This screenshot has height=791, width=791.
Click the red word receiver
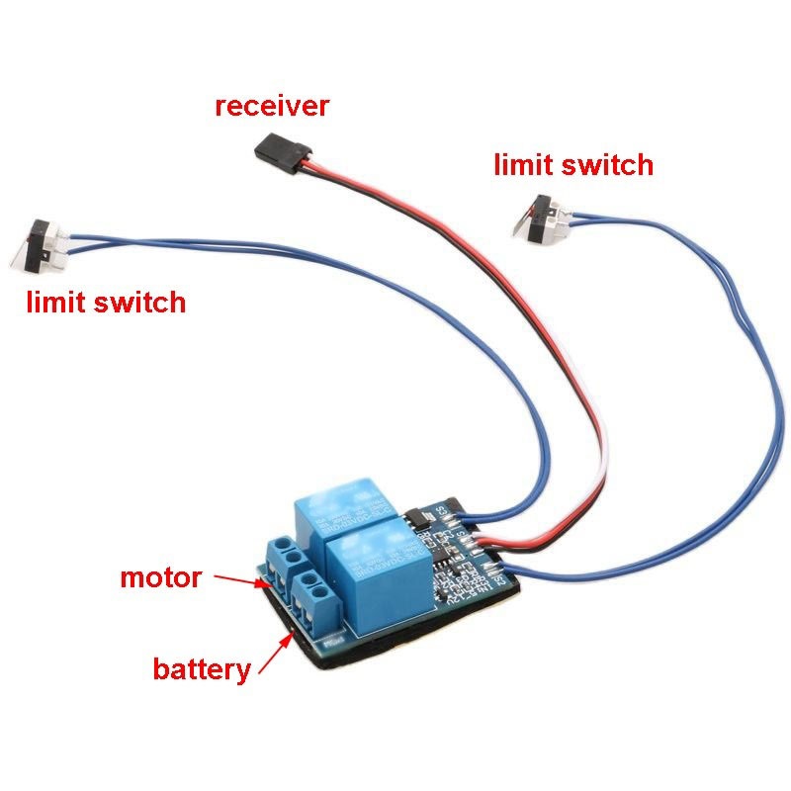click(x=271, y=106)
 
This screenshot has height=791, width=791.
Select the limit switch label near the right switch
click(x=573, y=164)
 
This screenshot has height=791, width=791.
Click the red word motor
click(x=160, y=576)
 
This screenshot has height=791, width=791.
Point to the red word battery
click(x=201, y=669)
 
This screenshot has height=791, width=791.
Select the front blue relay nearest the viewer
click(x=377, y=572)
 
